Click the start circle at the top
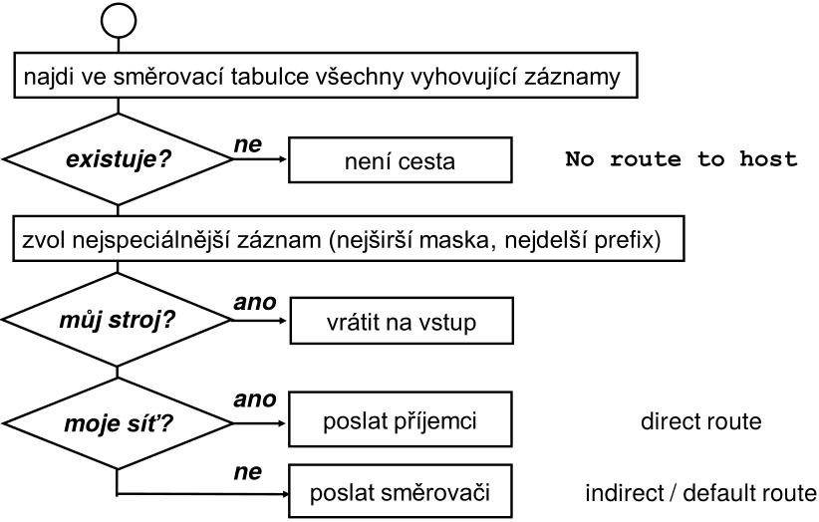[x=118, y=19]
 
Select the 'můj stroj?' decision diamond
[x=118, y=325]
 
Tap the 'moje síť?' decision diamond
[x=118, y=425]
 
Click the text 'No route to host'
[x=682, y=159]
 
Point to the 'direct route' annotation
[x=700, y=422]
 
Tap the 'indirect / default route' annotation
[x=700, y=491]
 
